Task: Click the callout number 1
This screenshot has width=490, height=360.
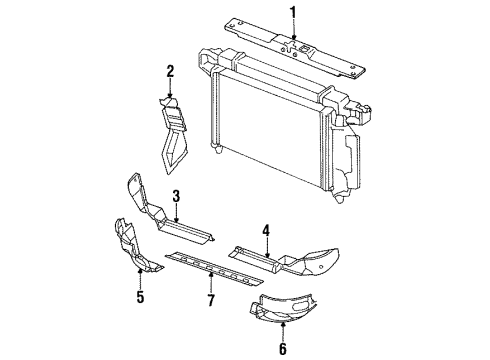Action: pyautogui.click(x=293, y=12)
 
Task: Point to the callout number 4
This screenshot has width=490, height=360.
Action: pyautogui.click(x=265, y=230)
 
